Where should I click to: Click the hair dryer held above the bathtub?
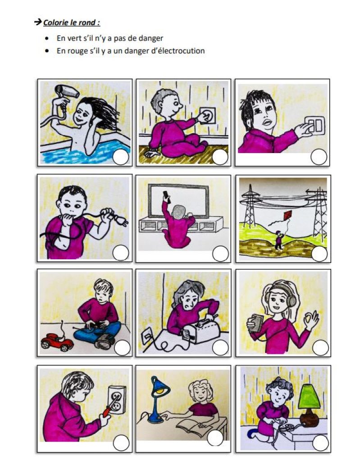[x=67, y=91]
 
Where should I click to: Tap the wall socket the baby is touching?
[x=208, y=116]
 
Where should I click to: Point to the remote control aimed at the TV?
[x=166, y=196]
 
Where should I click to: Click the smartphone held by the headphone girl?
[x=255, y=323]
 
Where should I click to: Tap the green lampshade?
[x=309, y=396]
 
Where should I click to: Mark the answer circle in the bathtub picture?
[x=121, y=157]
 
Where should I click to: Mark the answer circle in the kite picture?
[x=319, y=253]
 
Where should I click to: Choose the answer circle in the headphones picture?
[x=320, y=348]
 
